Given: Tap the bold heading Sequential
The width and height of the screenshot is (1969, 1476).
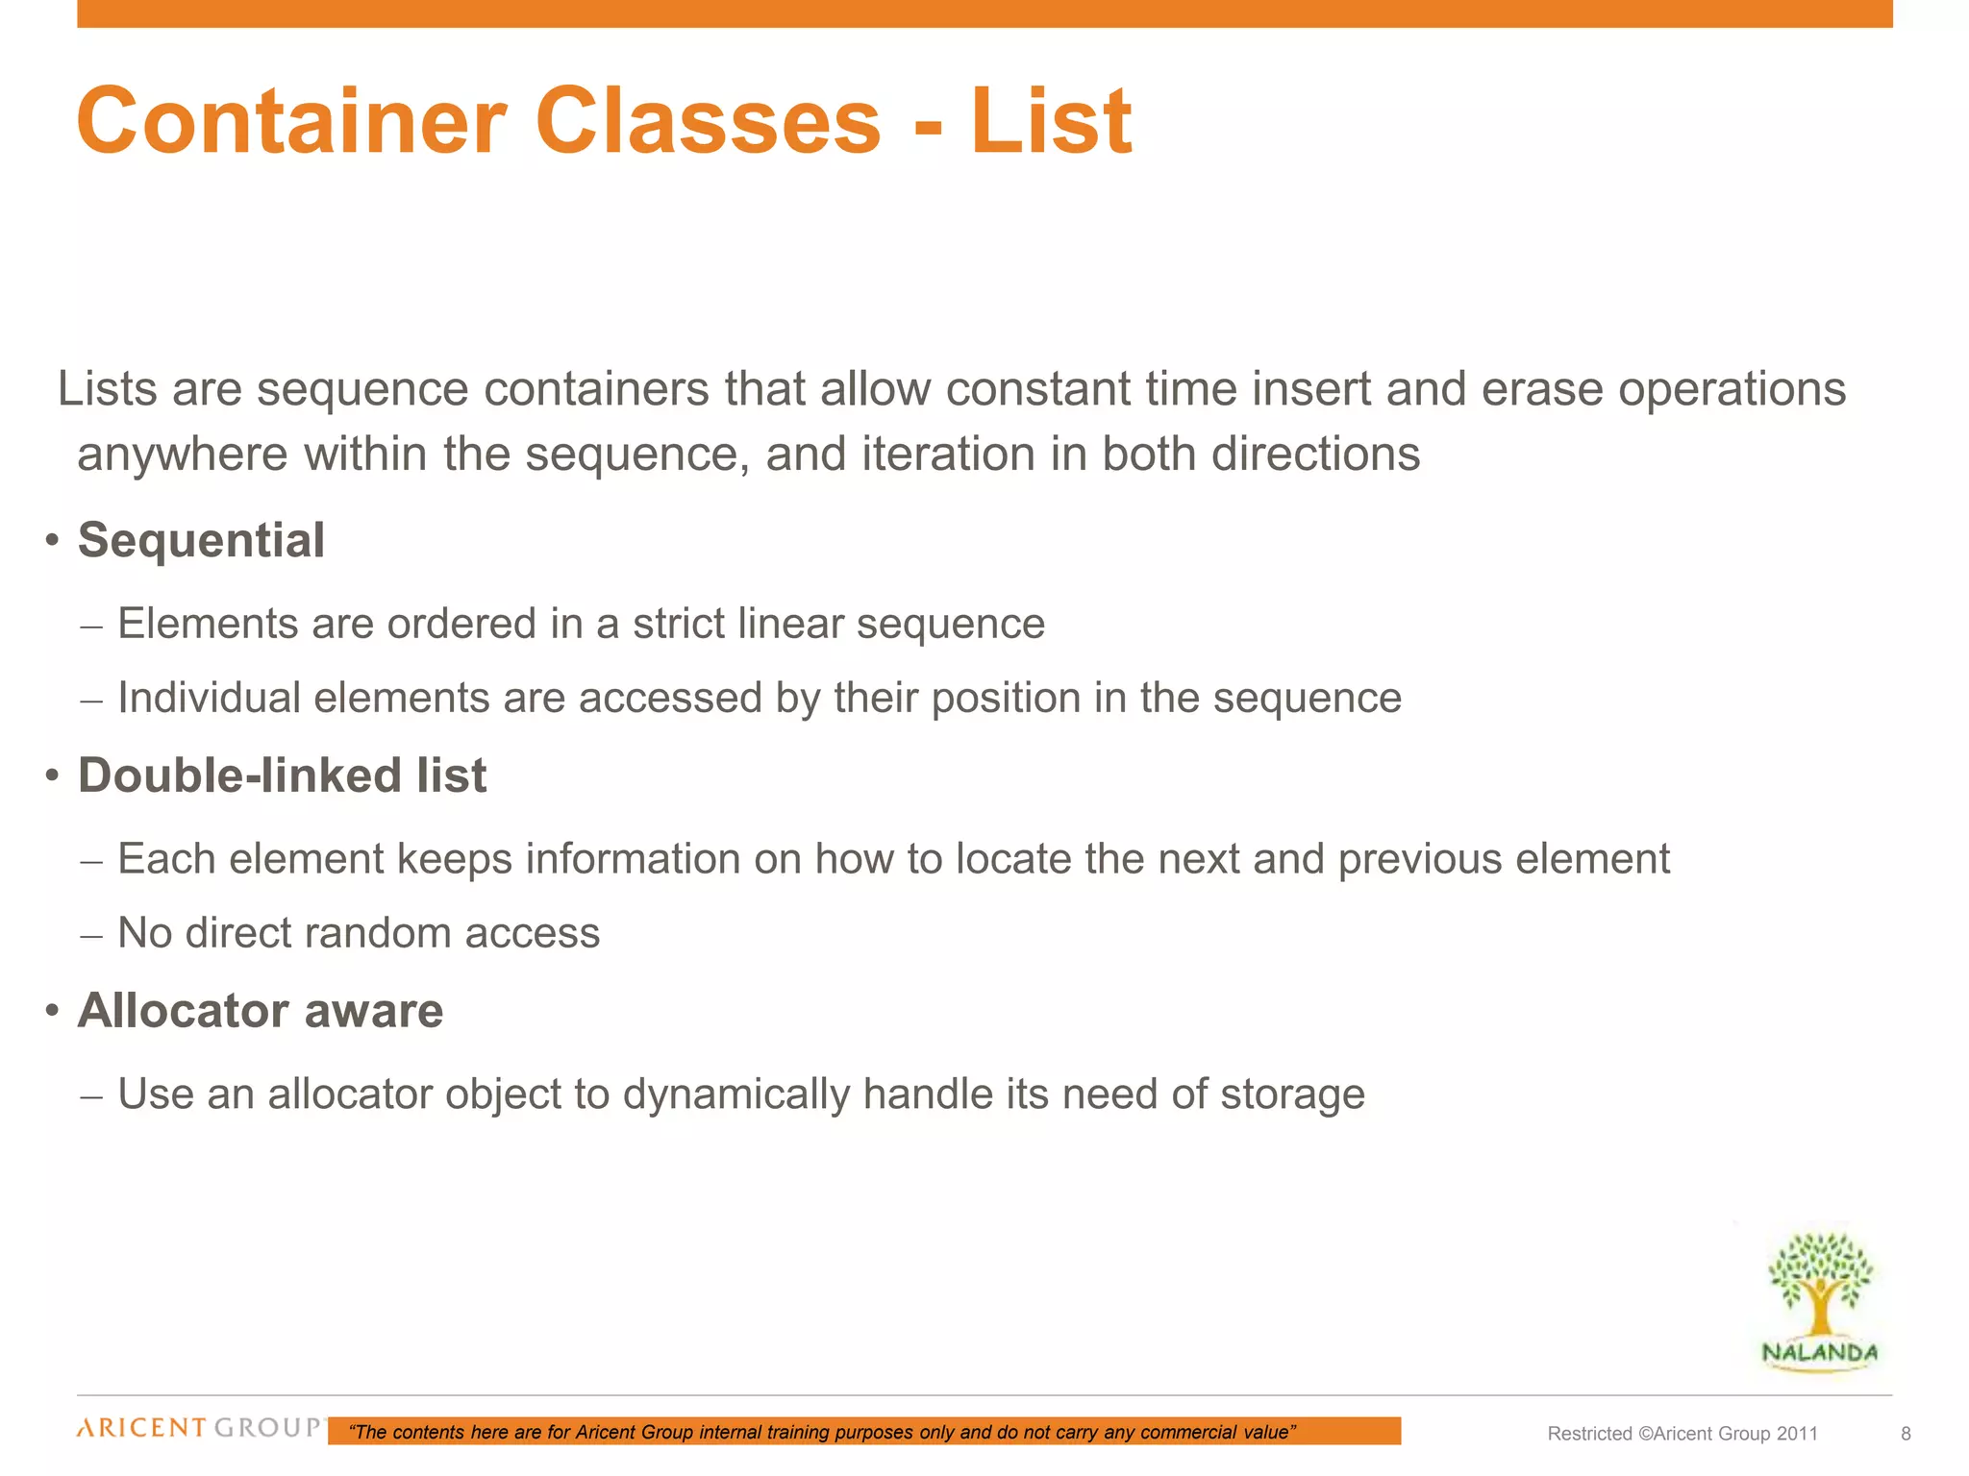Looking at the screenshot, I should (201, 540).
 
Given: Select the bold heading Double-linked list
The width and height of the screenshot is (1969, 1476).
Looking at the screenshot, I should (282, 775).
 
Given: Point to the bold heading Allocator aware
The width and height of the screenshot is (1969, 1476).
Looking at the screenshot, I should (261, 1011).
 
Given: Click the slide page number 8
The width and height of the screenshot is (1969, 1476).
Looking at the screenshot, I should (1906, 1434).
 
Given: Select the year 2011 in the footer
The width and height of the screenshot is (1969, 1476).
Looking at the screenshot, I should (1797, 1434).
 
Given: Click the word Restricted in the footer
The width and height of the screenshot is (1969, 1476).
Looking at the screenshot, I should (1589, 1434).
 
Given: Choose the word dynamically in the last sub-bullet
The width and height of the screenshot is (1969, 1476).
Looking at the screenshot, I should (735, 1095).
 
